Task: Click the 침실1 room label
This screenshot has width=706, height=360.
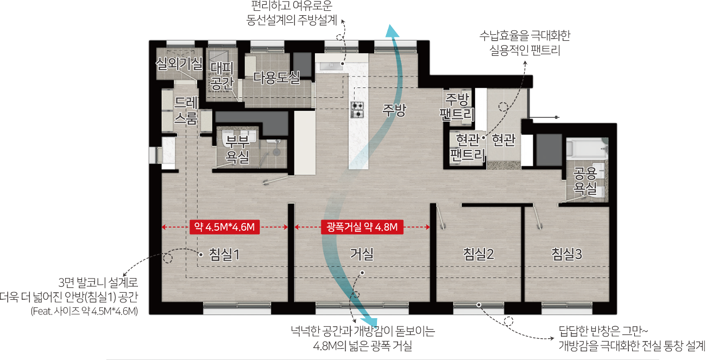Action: point(224,254)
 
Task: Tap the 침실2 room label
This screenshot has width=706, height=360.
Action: point(478,254)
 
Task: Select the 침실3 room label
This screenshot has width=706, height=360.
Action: point(566,254)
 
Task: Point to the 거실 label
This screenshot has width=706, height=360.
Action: point(361,254)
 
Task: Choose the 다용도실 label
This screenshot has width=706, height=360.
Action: point(277,78)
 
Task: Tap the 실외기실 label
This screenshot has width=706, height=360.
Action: point(179,63)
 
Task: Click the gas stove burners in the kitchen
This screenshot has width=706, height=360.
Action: point(357,110)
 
